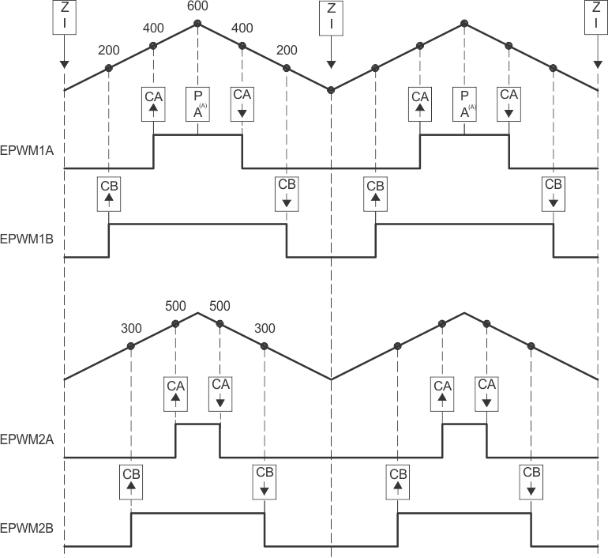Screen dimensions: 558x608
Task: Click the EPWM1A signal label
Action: [26, 150]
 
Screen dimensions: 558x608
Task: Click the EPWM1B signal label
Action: [26, 238]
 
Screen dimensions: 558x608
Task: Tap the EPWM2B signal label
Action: [26, 527]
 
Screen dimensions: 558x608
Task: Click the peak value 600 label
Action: [197, 6]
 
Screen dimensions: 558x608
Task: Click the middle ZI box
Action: [331, 17]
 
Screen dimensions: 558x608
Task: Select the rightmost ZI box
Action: [597, 17]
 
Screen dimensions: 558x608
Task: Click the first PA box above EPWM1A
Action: [198, 104]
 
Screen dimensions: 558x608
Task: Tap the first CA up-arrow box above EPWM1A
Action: [153, 104]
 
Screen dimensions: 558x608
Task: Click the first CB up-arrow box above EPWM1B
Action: [109, 193]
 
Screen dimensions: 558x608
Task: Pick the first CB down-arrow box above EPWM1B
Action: [287, 193]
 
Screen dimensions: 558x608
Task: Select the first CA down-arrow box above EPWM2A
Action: [220, 393]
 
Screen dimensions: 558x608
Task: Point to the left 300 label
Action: [131, 329]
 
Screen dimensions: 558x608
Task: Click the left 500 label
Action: [175, 306]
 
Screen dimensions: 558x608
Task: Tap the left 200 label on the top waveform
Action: [109, 51]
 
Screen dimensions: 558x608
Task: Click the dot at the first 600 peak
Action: [197, 23]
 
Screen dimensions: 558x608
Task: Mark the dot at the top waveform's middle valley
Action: [331, 89]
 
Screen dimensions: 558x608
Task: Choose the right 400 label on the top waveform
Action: [242, 28]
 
